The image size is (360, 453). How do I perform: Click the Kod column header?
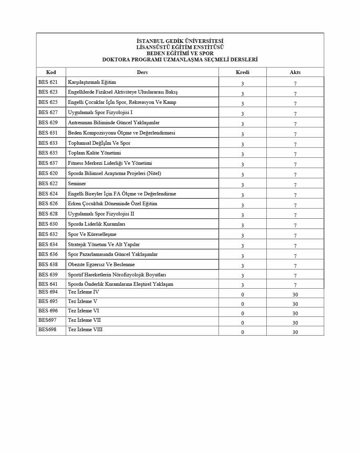tap(51, 72)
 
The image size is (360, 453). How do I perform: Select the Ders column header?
tap(142, 72)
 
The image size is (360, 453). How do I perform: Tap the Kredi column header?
tap(243, 72)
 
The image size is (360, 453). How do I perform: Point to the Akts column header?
tap(295, 72)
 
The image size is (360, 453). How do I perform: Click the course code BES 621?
tap(48, 82)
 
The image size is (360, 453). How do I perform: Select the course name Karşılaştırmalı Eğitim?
tap(92, 82)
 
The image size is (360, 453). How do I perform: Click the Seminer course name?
tap(77, 184)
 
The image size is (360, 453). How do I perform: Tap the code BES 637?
tap(48, 163)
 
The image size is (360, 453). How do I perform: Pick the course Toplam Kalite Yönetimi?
tap(94, 153)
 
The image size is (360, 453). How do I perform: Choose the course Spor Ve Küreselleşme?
tap(92, 234)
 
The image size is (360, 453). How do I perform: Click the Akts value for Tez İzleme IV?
tap(295, 295)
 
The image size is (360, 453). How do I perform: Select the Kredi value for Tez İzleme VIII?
tap(243, 332)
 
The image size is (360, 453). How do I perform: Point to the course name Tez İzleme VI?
tap(83, 311)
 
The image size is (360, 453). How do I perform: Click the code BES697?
tap(47, 320)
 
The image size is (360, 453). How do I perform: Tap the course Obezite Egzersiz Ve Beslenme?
tap(101, 265)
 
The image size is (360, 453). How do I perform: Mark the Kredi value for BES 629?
tap(243, 124)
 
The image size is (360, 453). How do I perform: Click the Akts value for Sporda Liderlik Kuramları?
tap(295, 226)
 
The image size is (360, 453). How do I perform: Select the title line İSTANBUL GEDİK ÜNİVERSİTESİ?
tap(180, 41)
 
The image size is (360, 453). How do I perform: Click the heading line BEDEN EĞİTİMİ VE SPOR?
tap(180, 54)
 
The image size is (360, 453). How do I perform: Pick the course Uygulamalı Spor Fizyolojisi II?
tap(101, 214)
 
